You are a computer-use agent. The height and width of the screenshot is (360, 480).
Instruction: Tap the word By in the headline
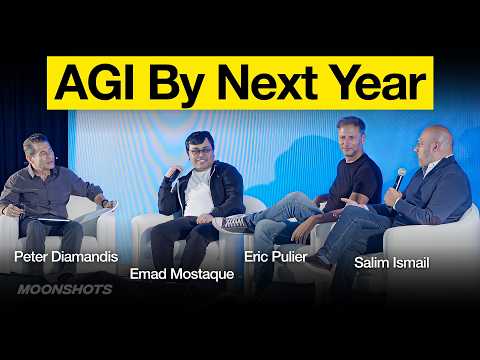(x=192, y=83)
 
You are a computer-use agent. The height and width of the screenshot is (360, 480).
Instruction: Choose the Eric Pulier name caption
(x=277, y=256)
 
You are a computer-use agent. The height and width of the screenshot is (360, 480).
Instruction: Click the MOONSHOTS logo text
(x=64, y=290)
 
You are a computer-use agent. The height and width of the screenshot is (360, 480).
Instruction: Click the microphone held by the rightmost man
(x=400, y=178)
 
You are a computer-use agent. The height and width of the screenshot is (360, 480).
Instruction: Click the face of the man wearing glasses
(x=199, y=152)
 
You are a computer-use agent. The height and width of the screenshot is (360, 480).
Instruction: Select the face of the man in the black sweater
(x=351, y=137)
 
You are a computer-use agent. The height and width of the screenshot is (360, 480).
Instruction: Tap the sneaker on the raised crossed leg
(x=236, y=223)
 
